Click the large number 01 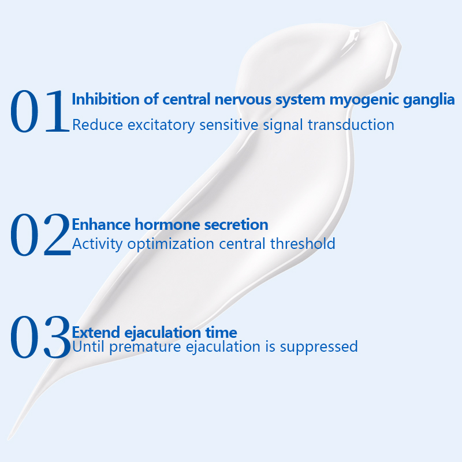[x=40, y=111]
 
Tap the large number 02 [x=40, y=234]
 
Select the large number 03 [x=40, y=337]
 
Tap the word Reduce [x=98, y=125]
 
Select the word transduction [x=351, y=125]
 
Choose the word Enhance [x=102, y=225]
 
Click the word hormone [x=167, y=225]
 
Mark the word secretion [x=236, y=225]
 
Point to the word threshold [x=303, y=244]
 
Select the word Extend [x=96, y=333]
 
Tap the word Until [x=88, y=346]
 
